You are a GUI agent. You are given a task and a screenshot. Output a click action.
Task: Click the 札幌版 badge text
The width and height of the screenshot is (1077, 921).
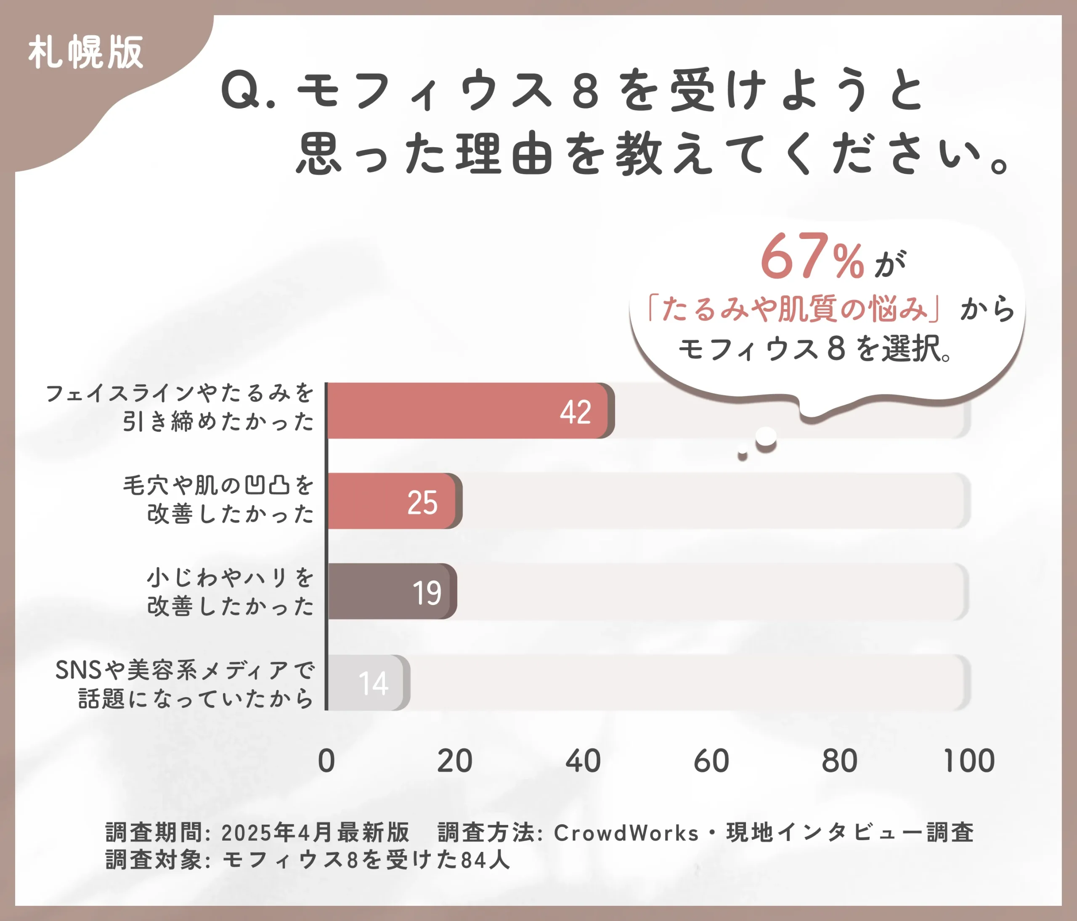click(x=86, y=53)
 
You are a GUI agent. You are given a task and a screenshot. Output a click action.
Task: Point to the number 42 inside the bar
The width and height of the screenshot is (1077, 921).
click(x=576, y=412)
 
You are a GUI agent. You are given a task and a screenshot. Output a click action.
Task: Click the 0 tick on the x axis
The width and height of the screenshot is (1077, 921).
click(x=326, y=762)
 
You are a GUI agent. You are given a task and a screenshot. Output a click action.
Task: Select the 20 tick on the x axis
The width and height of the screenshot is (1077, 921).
click(x=454, y=762)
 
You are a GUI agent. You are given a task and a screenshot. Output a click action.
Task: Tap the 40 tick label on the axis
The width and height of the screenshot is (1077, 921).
click(x=583, y=762)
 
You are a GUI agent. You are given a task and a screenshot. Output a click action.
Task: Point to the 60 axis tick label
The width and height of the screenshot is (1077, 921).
click(x=711, y=762)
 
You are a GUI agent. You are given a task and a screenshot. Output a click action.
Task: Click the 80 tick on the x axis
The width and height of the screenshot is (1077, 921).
click(x=839, y=762)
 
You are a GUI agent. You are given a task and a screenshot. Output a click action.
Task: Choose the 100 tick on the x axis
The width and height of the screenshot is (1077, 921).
click(x=968, y=762)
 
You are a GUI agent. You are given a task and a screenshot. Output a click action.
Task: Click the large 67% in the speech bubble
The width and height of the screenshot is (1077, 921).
click(x=812, y=257)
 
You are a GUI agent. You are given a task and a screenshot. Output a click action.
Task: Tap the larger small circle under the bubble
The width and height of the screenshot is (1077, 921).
click(x=766, y=438)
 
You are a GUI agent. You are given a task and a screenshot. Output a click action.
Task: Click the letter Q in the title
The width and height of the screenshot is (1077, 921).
click(x=241, y=90)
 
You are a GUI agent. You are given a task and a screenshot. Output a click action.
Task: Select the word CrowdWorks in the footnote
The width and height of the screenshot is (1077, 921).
click(x=626, y=833)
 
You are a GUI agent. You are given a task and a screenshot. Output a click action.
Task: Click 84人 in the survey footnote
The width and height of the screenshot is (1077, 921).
click(x=485, y=860)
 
